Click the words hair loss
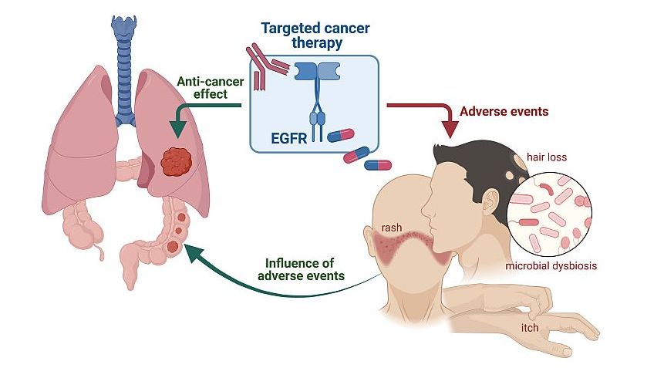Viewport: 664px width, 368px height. coord(546,157)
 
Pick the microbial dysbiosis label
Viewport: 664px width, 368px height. coord(551,266)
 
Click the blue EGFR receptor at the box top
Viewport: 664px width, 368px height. coord(317,73)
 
